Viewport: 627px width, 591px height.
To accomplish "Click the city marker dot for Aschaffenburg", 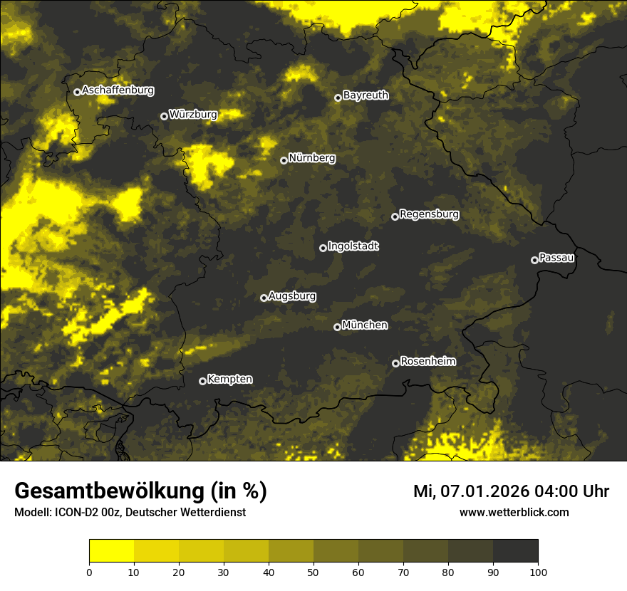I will [x=77, y=92].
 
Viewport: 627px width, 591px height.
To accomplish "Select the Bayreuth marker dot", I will [x=338, y=98].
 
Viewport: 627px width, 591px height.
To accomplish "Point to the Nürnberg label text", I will [x=312, y=158].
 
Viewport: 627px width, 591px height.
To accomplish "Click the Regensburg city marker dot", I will [x=395, y=216].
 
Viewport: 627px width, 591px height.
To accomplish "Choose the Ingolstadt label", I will [x=353, y=246].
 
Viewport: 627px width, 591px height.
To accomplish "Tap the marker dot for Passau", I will [x=534, y=260].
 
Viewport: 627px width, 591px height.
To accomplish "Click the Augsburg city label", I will [x=292, y=295].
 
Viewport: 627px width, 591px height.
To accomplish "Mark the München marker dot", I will [x=337, y=328].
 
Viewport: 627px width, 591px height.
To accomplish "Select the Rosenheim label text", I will [x=428, y=361].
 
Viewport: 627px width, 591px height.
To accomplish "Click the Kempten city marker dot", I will [x=202, y=381].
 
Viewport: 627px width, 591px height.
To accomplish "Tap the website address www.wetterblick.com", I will [x=514, y=512].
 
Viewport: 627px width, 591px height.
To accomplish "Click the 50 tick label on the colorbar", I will [x=313, y=572].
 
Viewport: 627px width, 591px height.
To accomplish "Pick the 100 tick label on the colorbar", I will [x=538, y=572].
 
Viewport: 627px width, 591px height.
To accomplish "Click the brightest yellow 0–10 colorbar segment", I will [x=112, y=551].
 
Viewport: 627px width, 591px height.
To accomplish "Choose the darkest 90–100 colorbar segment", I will [x=515, y=551].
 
